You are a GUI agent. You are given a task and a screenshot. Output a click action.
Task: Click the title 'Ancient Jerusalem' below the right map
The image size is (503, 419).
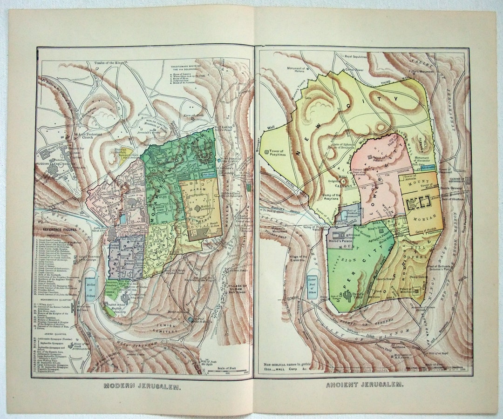365,385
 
